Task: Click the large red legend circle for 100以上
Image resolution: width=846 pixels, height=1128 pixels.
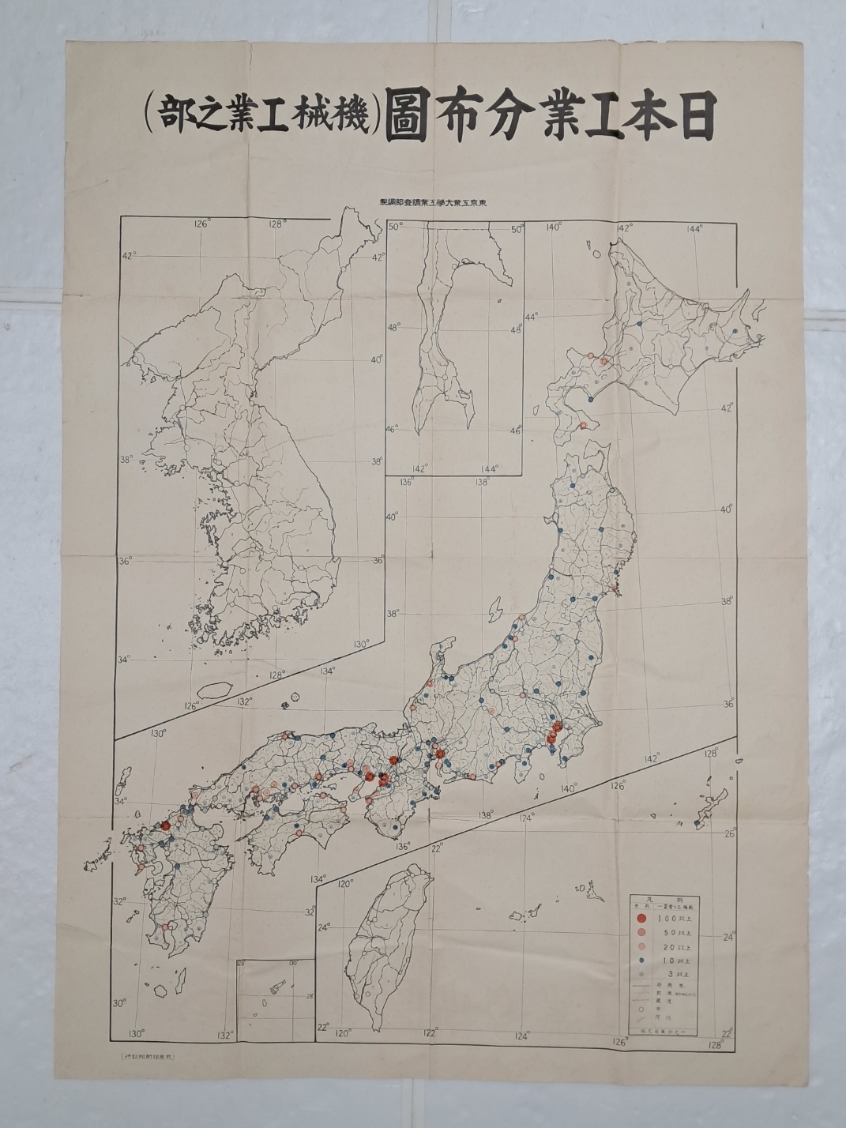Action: [x=642, y=918]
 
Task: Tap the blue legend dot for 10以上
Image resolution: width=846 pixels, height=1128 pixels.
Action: [x=642, y=960]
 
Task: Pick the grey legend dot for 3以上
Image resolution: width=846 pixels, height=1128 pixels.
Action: [x=642, y=974]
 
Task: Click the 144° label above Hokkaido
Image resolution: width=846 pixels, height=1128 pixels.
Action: [x=695, y=229]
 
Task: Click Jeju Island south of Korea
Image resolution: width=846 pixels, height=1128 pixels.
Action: [x=209, y=690]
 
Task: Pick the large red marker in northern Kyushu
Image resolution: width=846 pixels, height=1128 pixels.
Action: [x=166, y=825]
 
